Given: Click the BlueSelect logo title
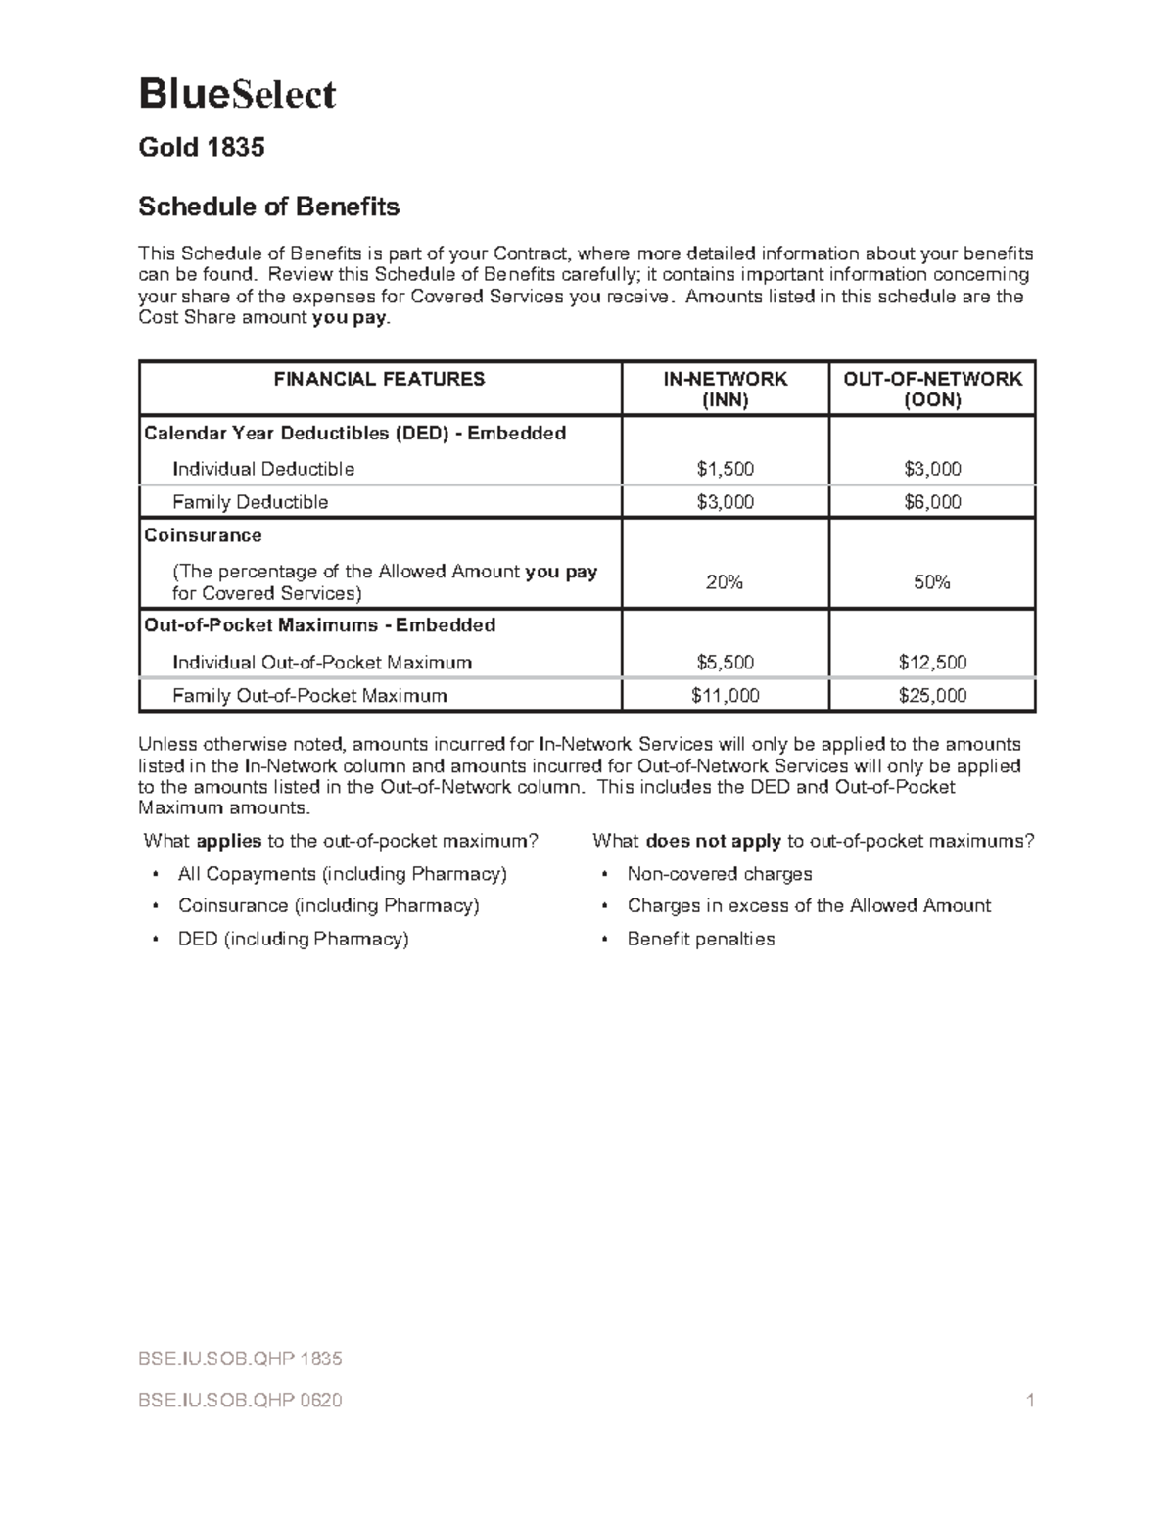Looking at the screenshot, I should [x=237, y=94].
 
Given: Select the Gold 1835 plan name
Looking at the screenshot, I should [x=201, y=148].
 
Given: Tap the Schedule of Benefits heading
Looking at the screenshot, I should [x=268, y=207].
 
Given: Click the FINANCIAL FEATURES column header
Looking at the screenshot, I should [x=379, y=379].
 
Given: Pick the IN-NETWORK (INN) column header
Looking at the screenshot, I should [x=725, y=389].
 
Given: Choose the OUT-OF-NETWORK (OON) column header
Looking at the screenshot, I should [x=932, y=389].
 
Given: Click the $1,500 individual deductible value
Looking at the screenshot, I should [x=725, y=469].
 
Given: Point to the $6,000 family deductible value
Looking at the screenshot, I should [x=932, y=502].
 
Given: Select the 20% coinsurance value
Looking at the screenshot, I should [x=725, y=582].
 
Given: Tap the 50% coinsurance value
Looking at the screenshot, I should [x=932, y=582].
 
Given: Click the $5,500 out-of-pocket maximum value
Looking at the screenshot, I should [x=725, y=663].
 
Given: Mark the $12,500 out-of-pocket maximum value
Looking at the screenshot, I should [x=932, y=663].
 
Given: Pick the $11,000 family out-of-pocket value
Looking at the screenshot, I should [x=725, y=696].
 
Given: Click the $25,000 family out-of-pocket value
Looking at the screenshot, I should [x=932, y=696].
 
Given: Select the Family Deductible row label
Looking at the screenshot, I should [x=250, y=502].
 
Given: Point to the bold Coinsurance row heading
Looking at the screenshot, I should [x=203, y=535].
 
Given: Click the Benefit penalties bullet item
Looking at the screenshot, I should [x=700, y=939].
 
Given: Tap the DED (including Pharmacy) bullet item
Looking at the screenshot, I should [x=293, y=939].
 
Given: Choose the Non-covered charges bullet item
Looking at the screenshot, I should [x=720, y=874].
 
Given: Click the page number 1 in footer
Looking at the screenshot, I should [x=1030, y=1401].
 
